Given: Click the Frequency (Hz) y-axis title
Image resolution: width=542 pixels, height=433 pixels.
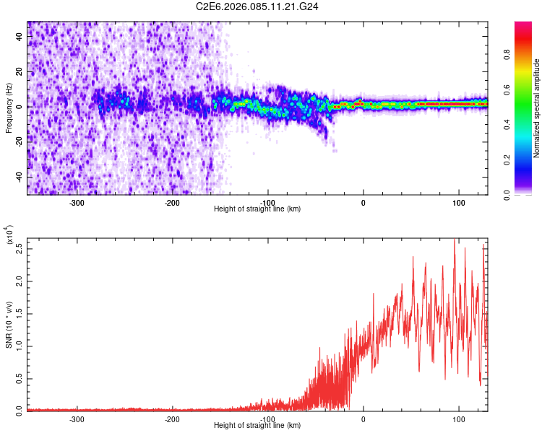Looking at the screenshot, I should tap(9, 108).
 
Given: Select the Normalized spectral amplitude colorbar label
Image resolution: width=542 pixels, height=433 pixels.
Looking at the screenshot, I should tap(537, 108).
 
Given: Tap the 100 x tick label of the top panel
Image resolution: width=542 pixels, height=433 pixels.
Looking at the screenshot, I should tap(458, 202).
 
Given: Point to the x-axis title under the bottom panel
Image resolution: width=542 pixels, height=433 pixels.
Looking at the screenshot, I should tap(257, 426).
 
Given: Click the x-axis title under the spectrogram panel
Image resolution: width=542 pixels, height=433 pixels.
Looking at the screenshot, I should tap(257, 209).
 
